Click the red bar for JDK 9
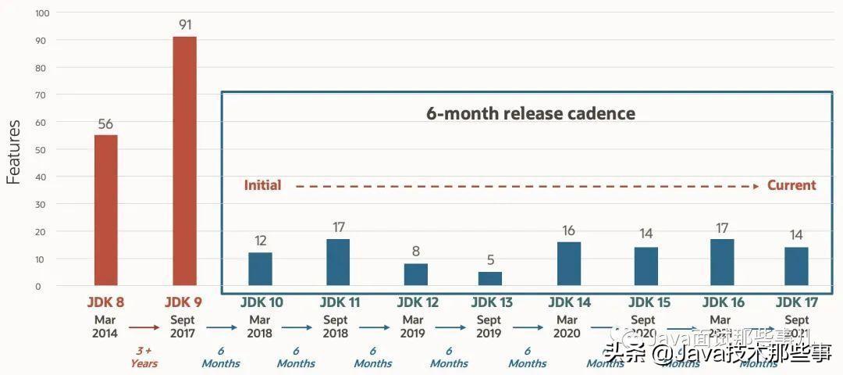point(184,160)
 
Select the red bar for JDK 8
point(106,209)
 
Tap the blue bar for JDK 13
point(489,278)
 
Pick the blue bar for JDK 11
point(338,262)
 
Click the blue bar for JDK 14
point(569,263)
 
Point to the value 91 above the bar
point(184,23)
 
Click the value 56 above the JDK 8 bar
point(106,123)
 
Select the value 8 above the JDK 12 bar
point(415,252)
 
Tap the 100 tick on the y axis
point(42,13)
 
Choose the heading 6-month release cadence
point(530,113)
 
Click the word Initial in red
point(262,186)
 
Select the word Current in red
point(791,186)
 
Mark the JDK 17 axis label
point(797,302)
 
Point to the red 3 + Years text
point(144,357)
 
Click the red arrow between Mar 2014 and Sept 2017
point(144,328)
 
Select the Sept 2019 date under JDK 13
point(489,327)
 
